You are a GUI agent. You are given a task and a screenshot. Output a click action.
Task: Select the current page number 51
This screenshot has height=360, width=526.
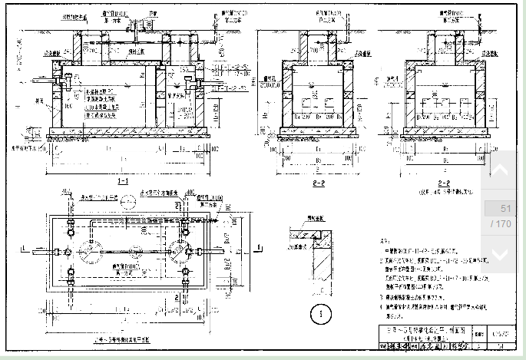[505, 209]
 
